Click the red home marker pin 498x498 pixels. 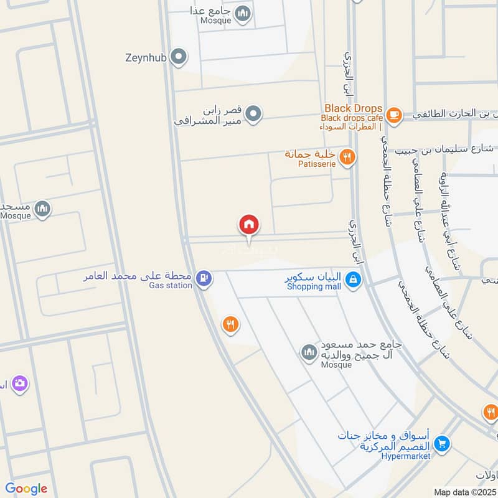click(249, 225)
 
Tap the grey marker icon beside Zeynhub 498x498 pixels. click(179, 58)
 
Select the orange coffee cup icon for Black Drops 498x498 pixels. click(393, 115)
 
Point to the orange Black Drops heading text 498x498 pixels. click(353, 108)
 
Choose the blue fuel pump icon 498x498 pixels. click(202, 278)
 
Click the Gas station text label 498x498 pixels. click(171, 286)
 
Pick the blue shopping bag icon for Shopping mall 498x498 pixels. click(353, 281)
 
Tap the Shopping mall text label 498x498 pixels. click(314, 287)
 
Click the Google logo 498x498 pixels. click(26, 489)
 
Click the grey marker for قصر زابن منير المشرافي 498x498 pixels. click(253, 114)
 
